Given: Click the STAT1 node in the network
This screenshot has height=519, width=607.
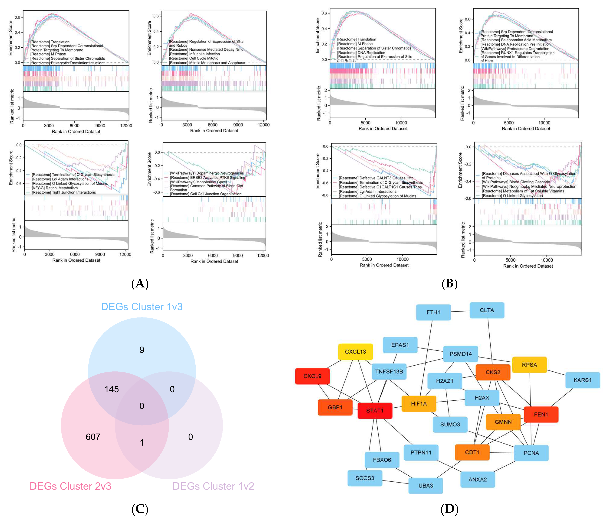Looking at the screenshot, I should click(x=375, y=411).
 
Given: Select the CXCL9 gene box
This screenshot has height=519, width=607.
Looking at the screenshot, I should click(x=312, y=376).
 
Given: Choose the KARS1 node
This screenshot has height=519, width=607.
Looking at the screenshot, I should click(x=582, y=380).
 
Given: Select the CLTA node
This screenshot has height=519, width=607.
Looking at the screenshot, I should click(x=487, y=310).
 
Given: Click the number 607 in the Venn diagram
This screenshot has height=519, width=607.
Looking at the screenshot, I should click(x=93, y=437).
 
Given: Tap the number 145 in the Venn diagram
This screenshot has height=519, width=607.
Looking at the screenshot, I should click(x=112, y=389).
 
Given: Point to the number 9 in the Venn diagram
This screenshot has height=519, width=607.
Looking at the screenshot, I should click(x=142, y=350).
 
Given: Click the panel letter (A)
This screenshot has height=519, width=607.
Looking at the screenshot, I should click(x=140, y=283).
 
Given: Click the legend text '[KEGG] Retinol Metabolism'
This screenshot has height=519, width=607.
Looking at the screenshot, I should click(x=55, y=188).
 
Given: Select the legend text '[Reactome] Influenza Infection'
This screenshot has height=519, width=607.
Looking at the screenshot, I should click(x=194, y=54).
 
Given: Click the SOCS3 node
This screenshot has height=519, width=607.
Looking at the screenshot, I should click(x=365, y=478).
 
